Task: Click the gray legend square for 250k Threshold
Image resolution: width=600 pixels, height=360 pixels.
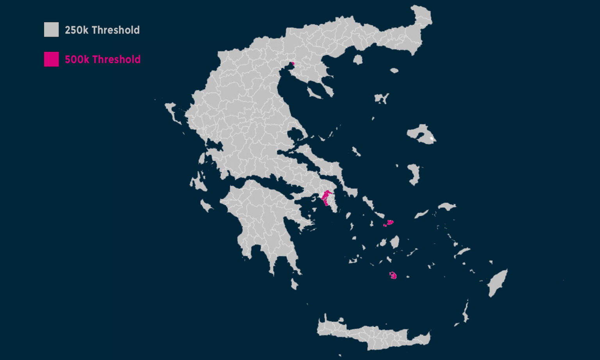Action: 51,30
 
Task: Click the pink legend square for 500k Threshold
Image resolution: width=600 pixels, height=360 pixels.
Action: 51,59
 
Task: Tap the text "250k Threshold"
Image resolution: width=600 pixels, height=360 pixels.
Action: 102,30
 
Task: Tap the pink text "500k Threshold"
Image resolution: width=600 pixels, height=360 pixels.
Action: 102,59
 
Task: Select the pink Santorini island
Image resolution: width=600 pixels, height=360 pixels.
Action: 393,276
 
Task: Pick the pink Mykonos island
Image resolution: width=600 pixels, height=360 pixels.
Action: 389,223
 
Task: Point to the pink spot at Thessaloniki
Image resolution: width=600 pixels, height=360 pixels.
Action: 292,63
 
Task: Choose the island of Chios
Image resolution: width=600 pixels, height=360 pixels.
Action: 413,174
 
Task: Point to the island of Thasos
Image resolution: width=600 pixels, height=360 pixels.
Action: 358,59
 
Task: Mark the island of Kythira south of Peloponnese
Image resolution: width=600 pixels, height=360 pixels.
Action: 294,284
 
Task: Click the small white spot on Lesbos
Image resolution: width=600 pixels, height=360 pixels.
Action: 431,138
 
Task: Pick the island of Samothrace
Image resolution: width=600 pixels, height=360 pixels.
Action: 394,71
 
